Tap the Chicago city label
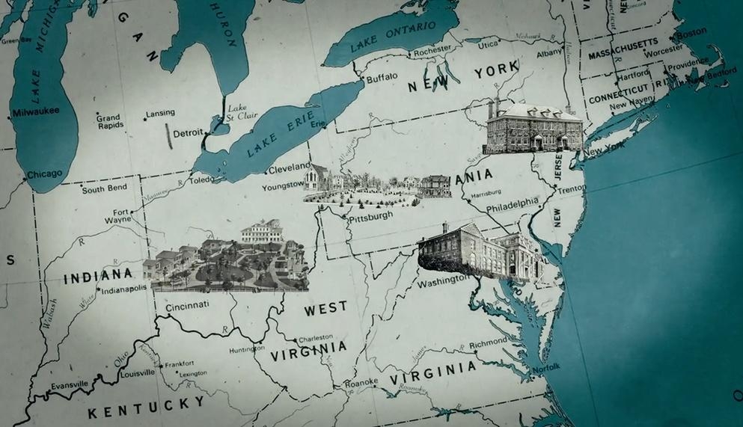coord(45,174)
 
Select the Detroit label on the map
coord(188,133)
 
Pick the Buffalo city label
coord(382,77)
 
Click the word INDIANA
coord(97,278)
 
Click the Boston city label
coord(691,32)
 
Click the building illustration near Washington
coord(480,252)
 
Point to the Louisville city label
coord(137,372)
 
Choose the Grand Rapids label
coord(108,122)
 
